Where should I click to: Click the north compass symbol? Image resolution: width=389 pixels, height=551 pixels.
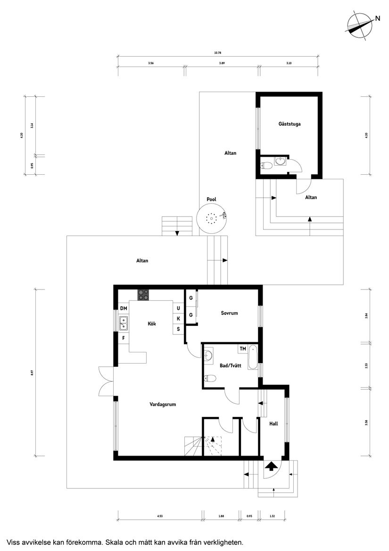[359, 24]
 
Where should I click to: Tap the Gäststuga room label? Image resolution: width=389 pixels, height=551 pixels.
[290, 124]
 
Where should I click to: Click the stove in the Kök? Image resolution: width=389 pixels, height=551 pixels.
[143, 295]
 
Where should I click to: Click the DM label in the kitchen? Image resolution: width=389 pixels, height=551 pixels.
[124, 309]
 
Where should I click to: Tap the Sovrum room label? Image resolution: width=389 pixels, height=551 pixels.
[229, 313]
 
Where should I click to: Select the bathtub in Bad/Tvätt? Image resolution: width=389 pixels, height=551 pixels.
[253, 357]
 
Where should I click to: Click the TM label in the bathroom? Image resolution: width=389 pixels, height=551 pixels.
[243, 349]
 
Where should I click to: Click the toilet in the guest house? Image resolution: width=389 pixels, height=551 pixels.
[266, 165]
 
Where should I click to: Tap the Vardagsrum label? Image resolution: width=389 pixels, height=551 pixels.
[163, 404]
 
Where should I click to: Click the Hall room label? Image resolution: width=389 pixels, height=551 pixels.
[273, 424]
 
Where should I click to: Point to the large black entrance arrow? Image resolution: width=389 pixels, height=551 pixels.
[271, 466]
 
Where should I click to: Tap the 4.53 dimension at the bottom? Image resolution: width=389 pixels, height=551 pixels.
[160, 516]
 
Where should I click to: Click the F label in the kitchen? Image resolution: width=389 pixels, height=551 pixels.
[124, 338]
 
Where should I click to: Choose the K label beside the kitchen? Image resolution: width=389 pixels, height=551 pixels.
[178, 319]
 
